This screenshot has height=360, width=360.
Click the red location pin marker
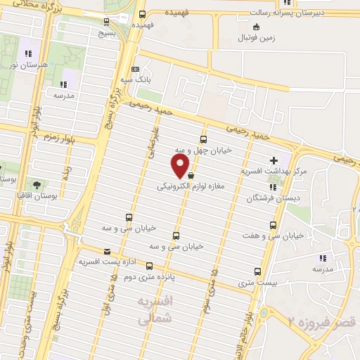pyautogui.click(x=181, y=166)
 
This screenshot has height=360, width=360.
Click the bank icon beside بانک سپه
pyautogui.click(x=135, y=70)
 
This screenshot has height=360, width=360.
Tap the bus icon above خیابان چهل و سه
pyautogui.click(x=204, y=139)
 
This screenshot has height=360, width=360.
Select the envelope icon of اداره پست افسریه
pyautogui.click(x=107, y=251)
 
